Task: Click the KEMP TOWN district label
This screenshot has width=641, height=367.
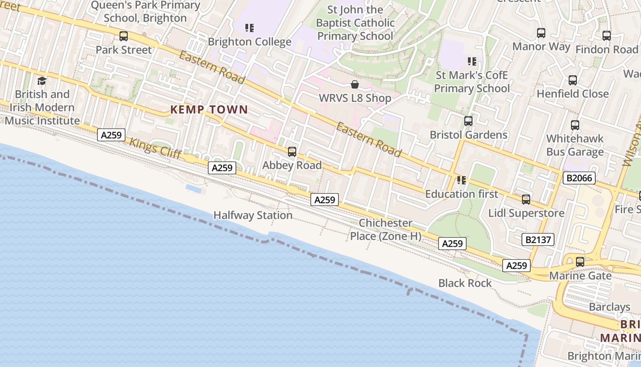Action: (209, 110)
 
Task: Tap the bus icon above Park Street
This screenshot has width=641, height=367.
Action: (124, 36)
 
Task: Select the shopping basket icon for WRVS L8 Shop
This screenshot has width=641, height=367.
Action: (354, 84)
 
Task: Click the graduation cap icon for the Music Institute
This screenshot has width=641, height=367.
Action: (42, 81)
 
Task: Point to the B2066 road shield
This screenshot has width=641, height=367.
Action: (579, 178)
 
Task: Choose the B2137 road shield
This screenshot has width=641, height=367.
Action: (538, 239)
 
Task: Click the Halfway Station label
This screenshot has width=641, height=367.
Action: (253, 215)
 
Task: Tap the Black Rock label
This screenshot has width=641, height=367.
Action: (465, 283)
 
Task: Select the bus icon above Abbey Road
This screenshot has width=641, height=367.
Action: (292, 152)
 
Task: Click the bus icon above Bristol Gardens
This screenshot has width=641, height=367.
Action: (468, 121)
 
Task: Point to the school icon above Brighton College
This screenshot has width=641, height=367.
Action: (250, 28)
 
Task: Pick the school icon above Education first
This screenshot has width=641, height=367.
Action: (462, 180)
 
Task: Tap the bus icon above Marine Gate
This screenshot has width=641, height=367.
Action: (580, 262)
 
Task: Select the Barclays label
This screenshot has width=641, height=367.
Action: (609, 307)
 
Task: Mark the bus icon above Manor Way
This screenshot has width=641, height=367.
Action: (541, 33)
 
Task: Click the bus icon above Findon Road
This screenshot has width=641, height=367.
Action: (607, 36)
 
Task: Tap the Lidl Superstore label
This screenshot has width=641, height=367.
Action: (526, 213)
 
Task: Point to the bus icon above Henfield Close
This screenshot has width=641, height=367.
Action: (573, 80)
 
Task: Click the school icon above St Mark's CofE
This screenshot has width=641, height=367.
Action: (472, 61)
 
